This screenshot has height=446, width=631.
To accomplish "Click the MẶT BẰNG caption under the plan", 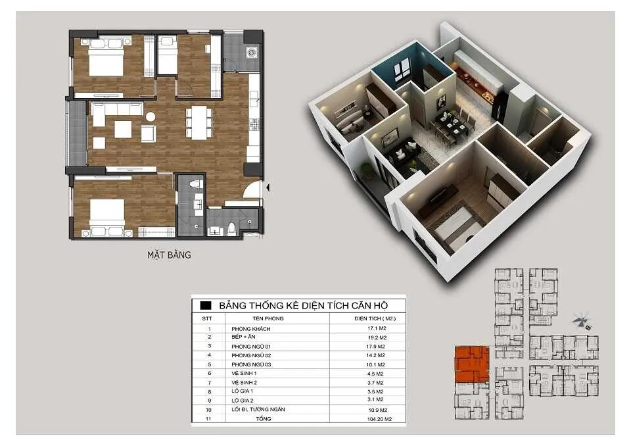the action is pyautogui.click(x=169, y=255).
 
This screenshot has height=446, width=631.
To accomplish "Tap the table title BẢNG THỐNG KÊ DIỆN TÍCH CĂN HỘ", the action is pyautogui.click(x=304, y=305).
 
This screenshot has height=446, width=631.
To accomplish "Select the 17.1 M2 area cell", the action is pyautogui.click(x=377, y=328).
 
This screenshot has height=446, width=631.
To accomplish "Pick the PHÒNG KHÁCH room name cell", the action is pyautogui.click(x=250, y=329).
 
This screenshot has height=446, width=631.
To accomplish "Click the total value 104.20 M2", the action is pyautogui.click(x=379, y=419).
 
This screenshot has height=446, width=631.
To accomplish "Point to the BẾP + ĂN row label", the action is pyautogui.click(x=243, y=337).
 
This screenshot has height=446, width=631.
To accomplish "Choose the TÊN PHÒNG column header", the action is pyautogui.click(x=268, y=318).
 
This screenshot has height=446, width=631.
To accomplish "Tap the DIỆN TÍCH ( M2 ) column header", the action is pyautogui.click(x=375, y=318).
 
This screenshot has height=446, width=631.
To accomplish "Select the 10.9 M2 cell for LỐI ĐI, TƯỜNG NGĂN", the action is pyautogui.click(x=378, y=410).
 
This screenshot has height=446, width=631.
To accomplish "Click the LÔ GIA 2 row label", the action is pyautogui.click(x=243, y=401).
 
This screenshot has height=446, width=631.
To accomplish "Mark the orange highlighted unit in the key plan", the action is pyautogui.click(x=472, y=363).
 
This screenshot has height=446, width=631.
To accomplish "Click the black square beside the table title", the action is pyautogui.click(x=206, y=305).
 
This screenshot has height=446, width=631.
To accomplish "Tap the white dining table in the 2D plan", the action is pyautogui.click(x=199, y=122).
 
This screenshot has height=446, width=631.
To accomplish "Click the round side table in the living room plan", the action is pyautogui.click(x=151, y=117).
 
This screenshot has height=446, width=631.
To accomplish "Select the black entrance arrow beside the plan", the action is pyautogui.click(x=268, y=187).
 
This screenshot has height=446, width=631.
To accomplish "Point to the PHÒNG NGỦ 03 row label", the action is pyautogui.click(x=251, y=364).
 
